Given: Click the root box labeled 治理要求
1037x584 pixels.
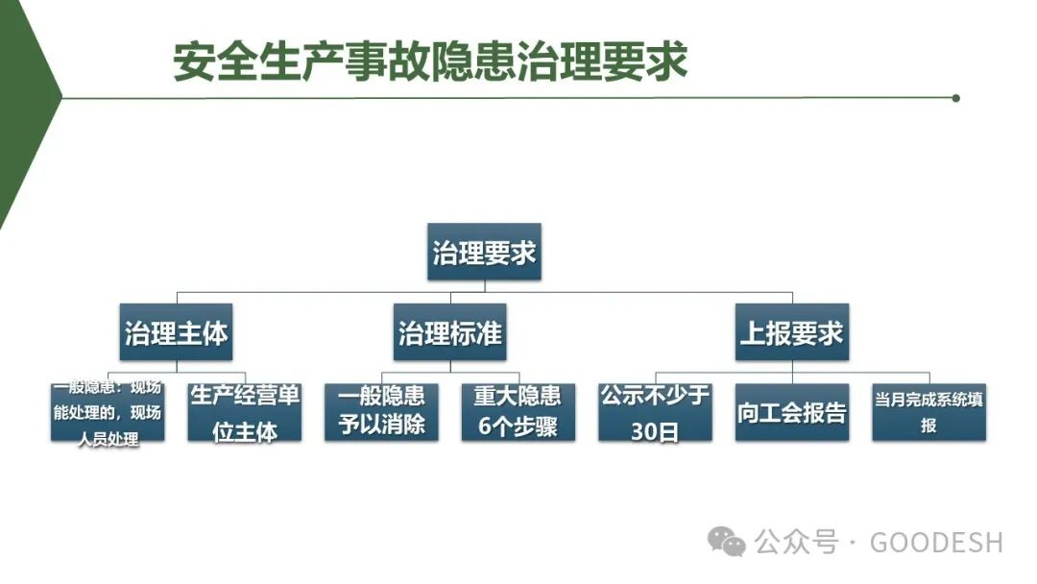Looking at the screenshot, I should (484, 252).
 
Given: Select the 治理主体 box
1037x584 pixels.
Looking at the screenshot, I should (177, 332).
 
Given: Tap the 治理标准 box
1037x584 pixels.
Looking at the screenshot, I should (450, 332).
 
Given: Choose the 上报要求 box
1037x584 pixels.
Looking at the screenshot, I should (791, 332).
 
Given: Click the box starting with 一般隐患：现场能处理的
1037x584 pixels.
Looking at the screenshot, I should (108, 412).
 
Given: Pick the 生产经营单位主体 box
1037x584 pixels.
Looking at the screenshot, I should (245, 412).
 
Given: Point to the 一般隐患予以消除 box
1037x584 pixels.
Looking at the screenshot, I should (381, 412).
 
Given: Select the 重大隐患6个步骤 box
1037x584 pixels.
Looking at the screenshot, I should (518, 412).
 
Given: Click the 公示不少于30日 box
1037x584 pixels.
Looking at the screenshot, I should (655, 412).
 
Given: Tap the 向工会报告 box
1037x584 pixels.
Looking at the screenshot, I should (792, 412).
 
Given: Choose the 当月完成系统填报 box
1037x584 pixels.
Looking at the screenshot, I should (928, 412).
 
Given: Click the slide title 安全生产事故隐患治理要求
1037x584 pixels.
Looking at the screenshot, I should (430, 61).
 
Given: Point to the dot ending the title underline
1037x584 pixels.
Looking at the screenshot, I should (955, 98).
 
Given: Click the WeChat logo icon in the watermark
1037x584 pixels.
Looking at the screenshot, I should (726, 542).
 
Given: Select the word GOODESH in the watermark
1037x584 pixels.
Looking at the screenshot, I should (936, 542).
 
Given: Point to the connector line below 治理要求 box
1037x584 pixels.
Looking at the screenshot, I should (484, 285).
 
